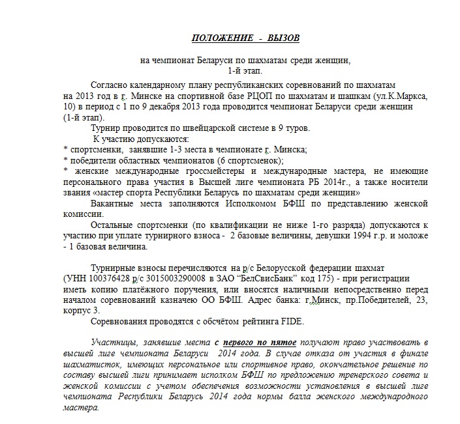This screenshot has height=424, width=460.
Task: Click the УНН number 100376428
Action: coord(107,278)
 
